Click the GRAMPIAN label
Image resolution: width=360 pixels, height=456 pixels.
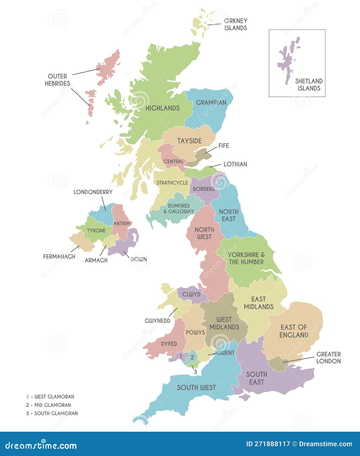point(211,103)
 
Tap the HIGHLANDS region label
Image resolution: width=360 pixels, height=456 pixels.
point(163,108)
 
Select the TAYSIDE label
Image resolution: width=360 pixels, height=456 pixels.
point(189,141)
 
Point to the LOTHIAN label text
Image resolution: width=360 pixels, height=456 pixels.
point(235,164)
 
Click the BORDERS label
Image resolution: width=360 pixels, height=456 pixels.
point(204,189)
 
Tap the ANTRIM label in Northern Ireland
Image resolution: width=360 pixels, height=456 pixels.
point(122,223)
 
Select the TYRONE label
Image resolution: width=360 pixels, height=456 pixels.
point(96,231)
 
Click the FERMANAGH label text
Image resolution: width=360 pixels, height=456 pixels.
point(59,257)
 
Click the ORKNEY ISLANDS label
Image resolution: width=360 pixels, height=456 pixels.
point(235,24)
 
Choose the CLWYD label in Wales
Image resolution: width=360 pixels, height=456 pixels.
point(191,294)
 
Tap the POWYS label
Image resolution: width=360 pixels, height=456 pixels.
point(195,332)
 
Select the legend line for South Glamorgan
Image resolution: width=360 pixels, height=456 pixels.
point(52,413)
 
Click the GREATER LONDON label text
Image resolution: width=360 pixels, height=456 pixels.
point(328,358)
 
